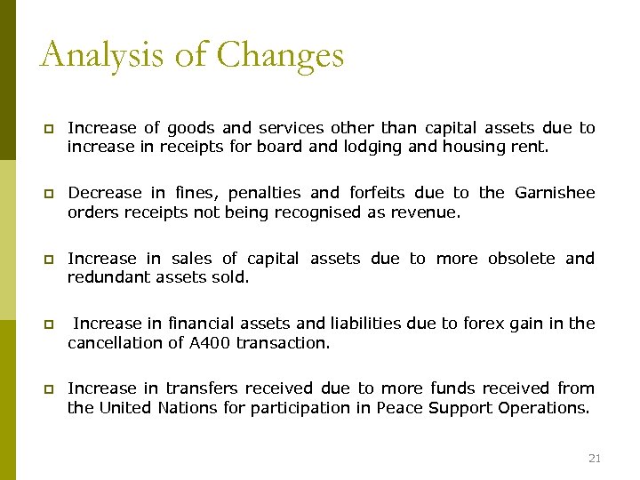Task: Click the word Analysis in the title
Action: click(x=103, y=55)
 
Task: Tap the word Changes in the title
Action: click(x=280, y=55)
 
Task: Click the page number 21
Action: click(x=595, y=458)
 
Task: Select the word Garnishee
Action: click(x=554, y=193)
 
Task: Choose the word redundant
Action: click(x=108, y=277)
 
